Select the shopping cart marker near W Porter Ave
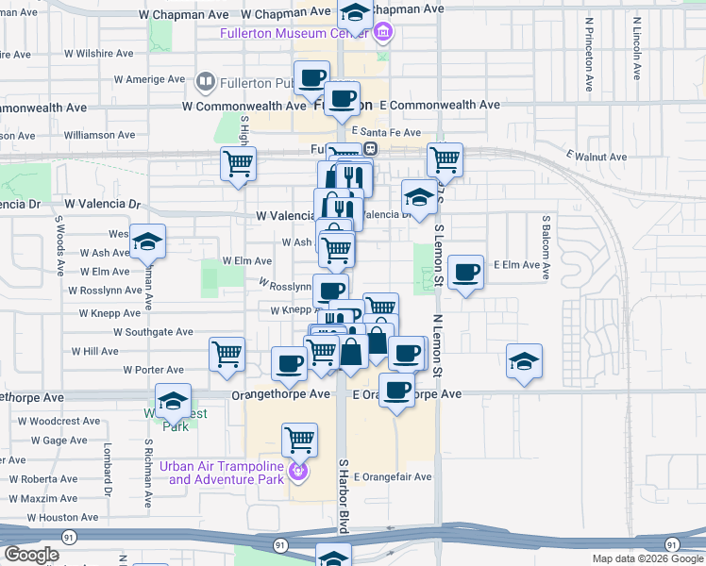227,355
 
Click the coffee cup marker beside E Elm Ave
465,273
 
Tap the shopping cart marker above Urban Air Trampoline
299,440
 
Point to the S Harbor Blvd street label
344,496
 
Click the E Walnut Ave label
596,157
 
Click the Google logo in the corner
30,555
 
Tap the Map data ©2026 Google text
647,558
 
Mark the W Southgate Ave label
153,332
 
